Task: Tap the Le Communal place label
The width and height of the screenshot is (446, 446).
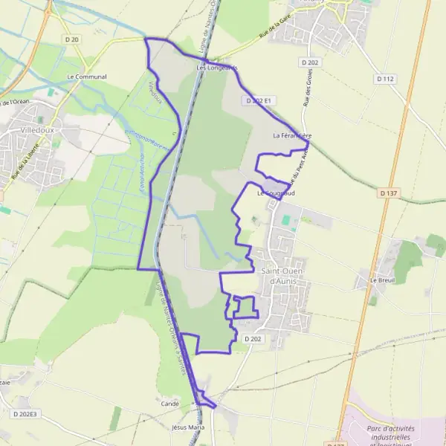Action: click(87, 77)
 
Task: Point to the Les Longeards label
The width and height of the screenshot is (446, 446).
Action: click(217, 68)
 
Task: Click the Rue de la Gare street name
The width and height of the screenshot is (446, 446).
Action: click(245, 46)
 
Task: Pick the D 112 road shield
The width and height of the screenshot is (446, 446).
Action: click(384, 78)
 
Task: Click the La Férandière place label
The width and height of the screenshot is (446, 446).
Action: click(292, 135)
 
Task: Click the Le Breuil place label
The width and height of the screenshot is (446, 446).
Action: click(384, 281)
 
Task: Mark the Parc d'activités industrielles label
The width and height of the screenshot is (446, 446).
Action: click(390, 434)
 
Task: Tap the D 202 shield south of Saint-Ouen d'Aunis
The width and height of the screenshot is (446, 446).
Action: click(253, 339)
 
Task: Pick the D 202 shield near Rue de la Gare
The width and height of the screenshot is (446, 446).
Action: click(310, 62)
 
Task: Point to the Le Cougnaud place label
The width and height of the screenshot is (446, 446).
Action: click(276, 193)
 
